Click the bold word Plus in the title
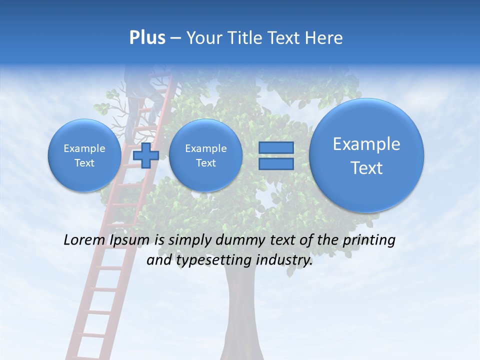[x=147, y=37]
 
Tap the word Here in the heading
[x=324, y=38]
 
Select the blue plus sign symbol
[x=146, y=155]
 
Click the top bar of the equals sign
[x=276, y=147]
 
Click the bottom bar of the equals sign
[x=276, y=163]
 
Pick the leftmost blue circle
[x=84, y=155]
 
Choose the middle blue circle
[x=205, y=155]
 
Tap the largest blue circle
[x=366, y=155]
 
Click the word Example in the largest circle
[x=366, y=144]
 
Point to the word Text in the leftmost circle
[x=84, y=163]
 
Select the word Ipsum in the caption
[x=129, y=240]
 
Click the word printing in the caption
[x=368, y=240]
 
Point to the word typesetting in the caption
[x=209, y=260]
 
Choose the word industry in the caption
[x=284, y=260]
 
